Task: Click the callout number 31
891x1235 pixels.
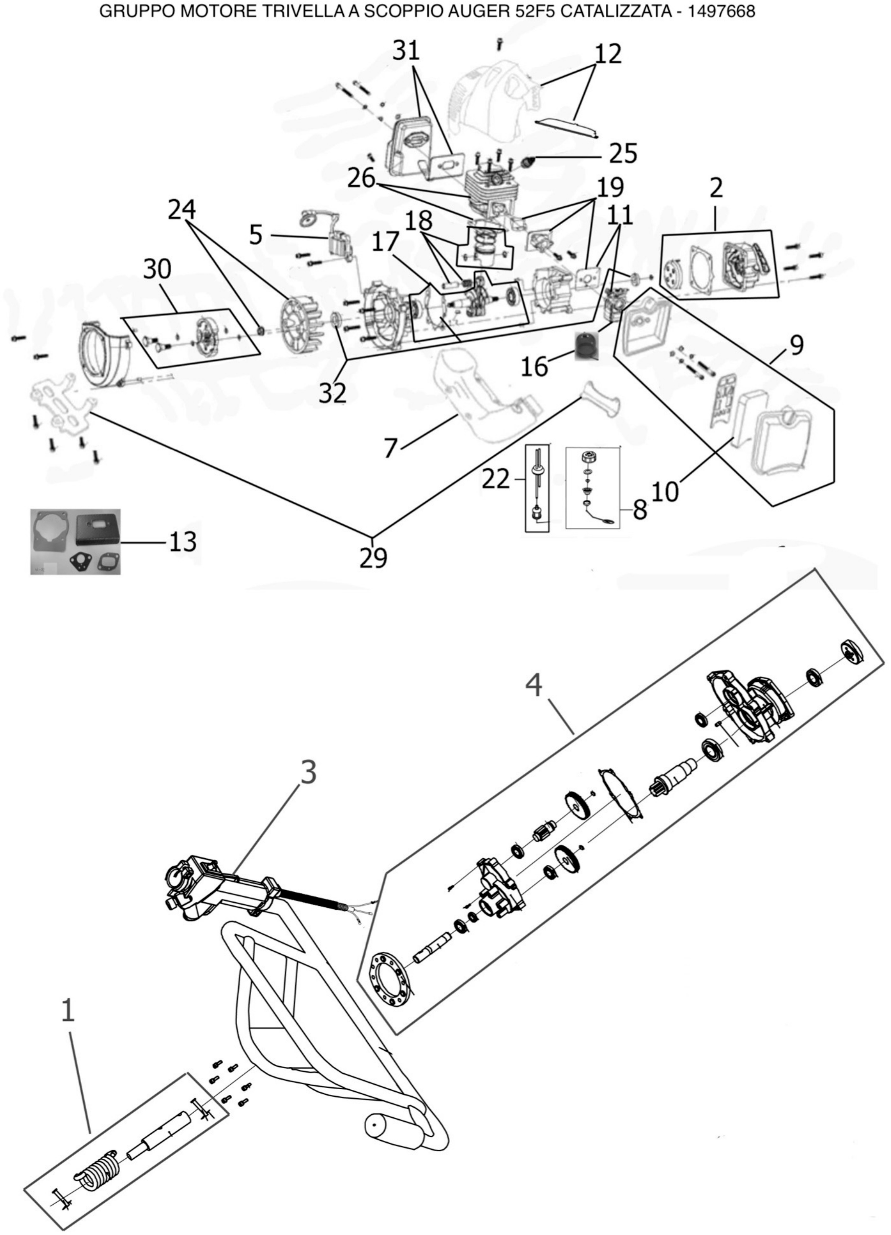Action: coord(406,51)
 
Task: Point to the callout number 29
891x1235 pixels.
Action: coord(373,558)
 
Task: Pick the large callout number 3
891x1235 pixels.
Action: coord(308,772)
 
